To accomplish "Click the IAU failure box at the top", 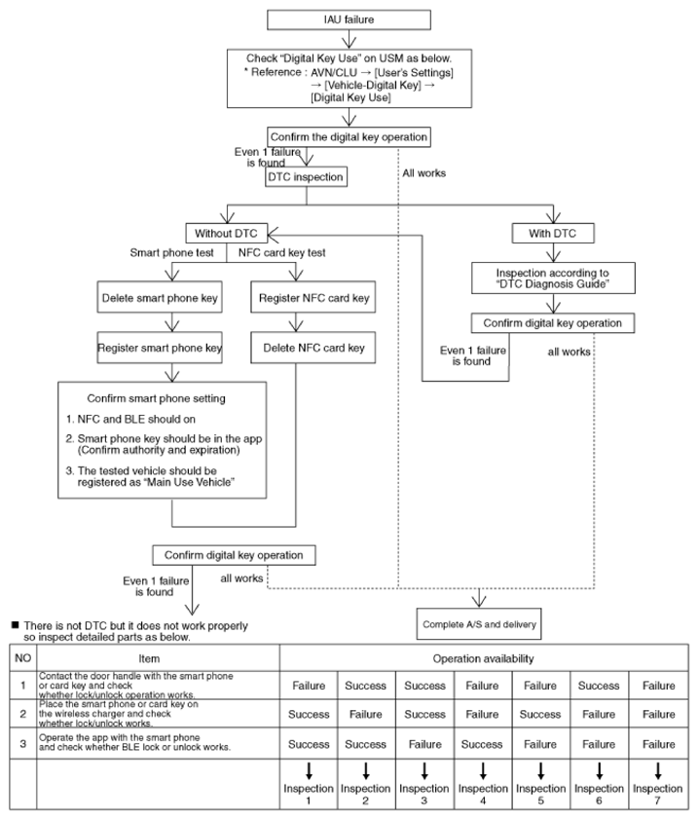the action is click(x=349, y=19).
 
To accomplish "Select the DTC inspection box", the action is click(x=306, y=177).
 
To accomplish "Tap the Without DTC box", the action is click(x=227, y=233).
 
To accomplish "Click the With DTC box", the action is click(x=553, y=233).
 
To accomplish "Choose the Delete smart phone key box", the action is click(x=160, y=298).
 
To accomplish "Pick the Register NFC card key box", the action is click(x=313, y=298).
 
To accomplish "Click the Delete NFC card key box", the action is click(x=313, y=348).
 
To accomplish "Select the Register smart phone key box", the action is click(x=160, y=348).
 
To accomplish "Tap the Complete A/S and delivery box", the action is click(x=479, y=624).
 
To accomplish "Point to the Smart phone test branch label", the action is click(x=172, y=252).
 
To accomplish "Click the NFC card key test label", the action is click(x=281, y=252).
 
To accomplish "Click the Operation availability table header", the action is click(x=484, y=658).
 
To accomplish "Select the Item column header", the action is click(x=149, y=658).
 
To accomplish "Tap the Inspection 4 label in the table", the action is click(x=483, y=794).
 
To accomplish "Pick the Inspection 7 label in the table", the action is click(x=658, y=794).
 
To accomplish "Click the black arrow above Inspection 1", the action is click(x=309, y=771).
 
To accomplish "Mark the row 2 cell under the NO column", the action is click(x=23, y=714).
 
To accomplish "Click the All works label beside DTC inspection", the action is click(x=424, y=173).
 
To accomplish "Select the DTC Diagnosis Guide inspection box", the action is click(x=553, y=279).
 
